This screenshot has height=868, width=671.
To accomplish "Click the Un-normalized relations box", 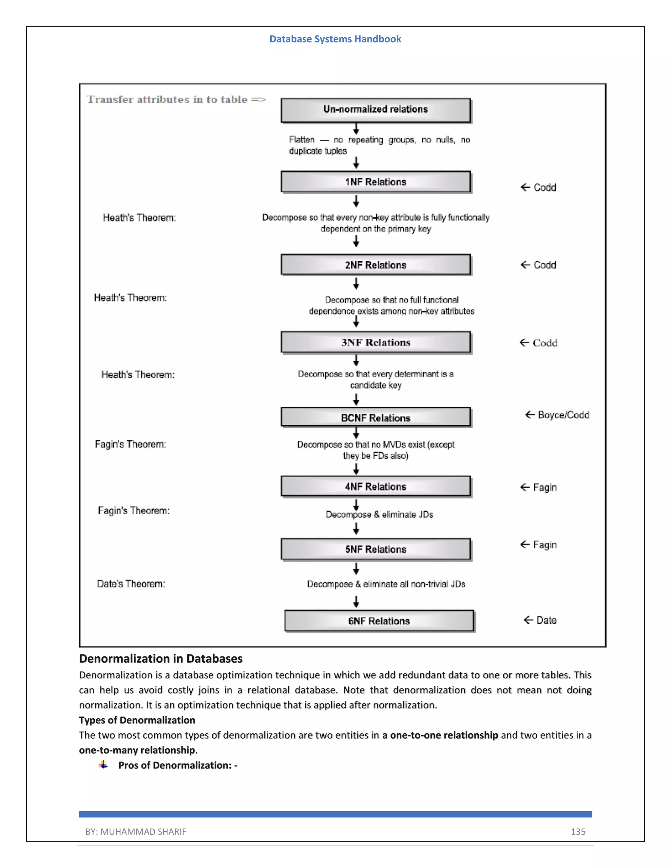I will (376, 110).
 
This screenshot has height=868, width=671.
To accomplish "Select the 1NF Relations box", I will (376, 182).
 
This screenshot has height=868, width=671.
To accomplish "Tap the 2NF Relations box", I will (376, 265).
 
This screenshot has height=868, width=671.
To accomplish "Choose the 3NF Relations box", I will (376, 342).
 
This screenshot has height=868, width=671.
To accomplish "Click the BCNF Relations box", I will (376, 417).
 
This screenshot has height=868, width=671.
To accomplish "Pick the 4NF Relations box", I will (376, 486).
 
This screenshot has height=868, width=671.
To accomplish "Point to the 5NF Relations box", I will (376, 549).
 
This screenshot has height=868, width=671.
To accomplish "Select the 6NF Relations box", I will (379, 621).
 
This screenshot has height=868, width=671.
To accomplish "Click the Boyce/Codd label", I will (563, 415).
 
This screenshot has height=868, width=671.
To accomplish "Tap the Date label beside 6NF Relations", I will (546, 620).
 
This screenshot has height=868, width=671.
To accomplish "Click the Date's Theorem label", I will (131, 584).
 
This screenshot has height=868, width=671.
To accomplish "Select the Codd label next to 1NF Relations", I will (544, 187).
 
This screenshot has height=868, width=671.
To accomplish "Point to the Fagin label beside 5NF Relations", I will (544, 545).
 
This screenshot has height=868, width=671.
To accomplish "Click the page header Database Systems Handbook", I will (335, 39).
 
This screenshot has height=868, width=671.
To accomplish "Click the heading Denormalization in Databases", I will (161, 659).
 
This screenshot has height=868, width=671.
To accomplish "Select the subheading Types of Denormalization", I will (137, 720).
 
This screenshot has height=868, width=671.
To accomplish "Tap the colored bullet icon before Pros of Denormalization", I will (103, 765).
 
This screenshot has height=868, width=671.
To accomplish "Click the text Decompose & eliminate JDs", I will (379, 515).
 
